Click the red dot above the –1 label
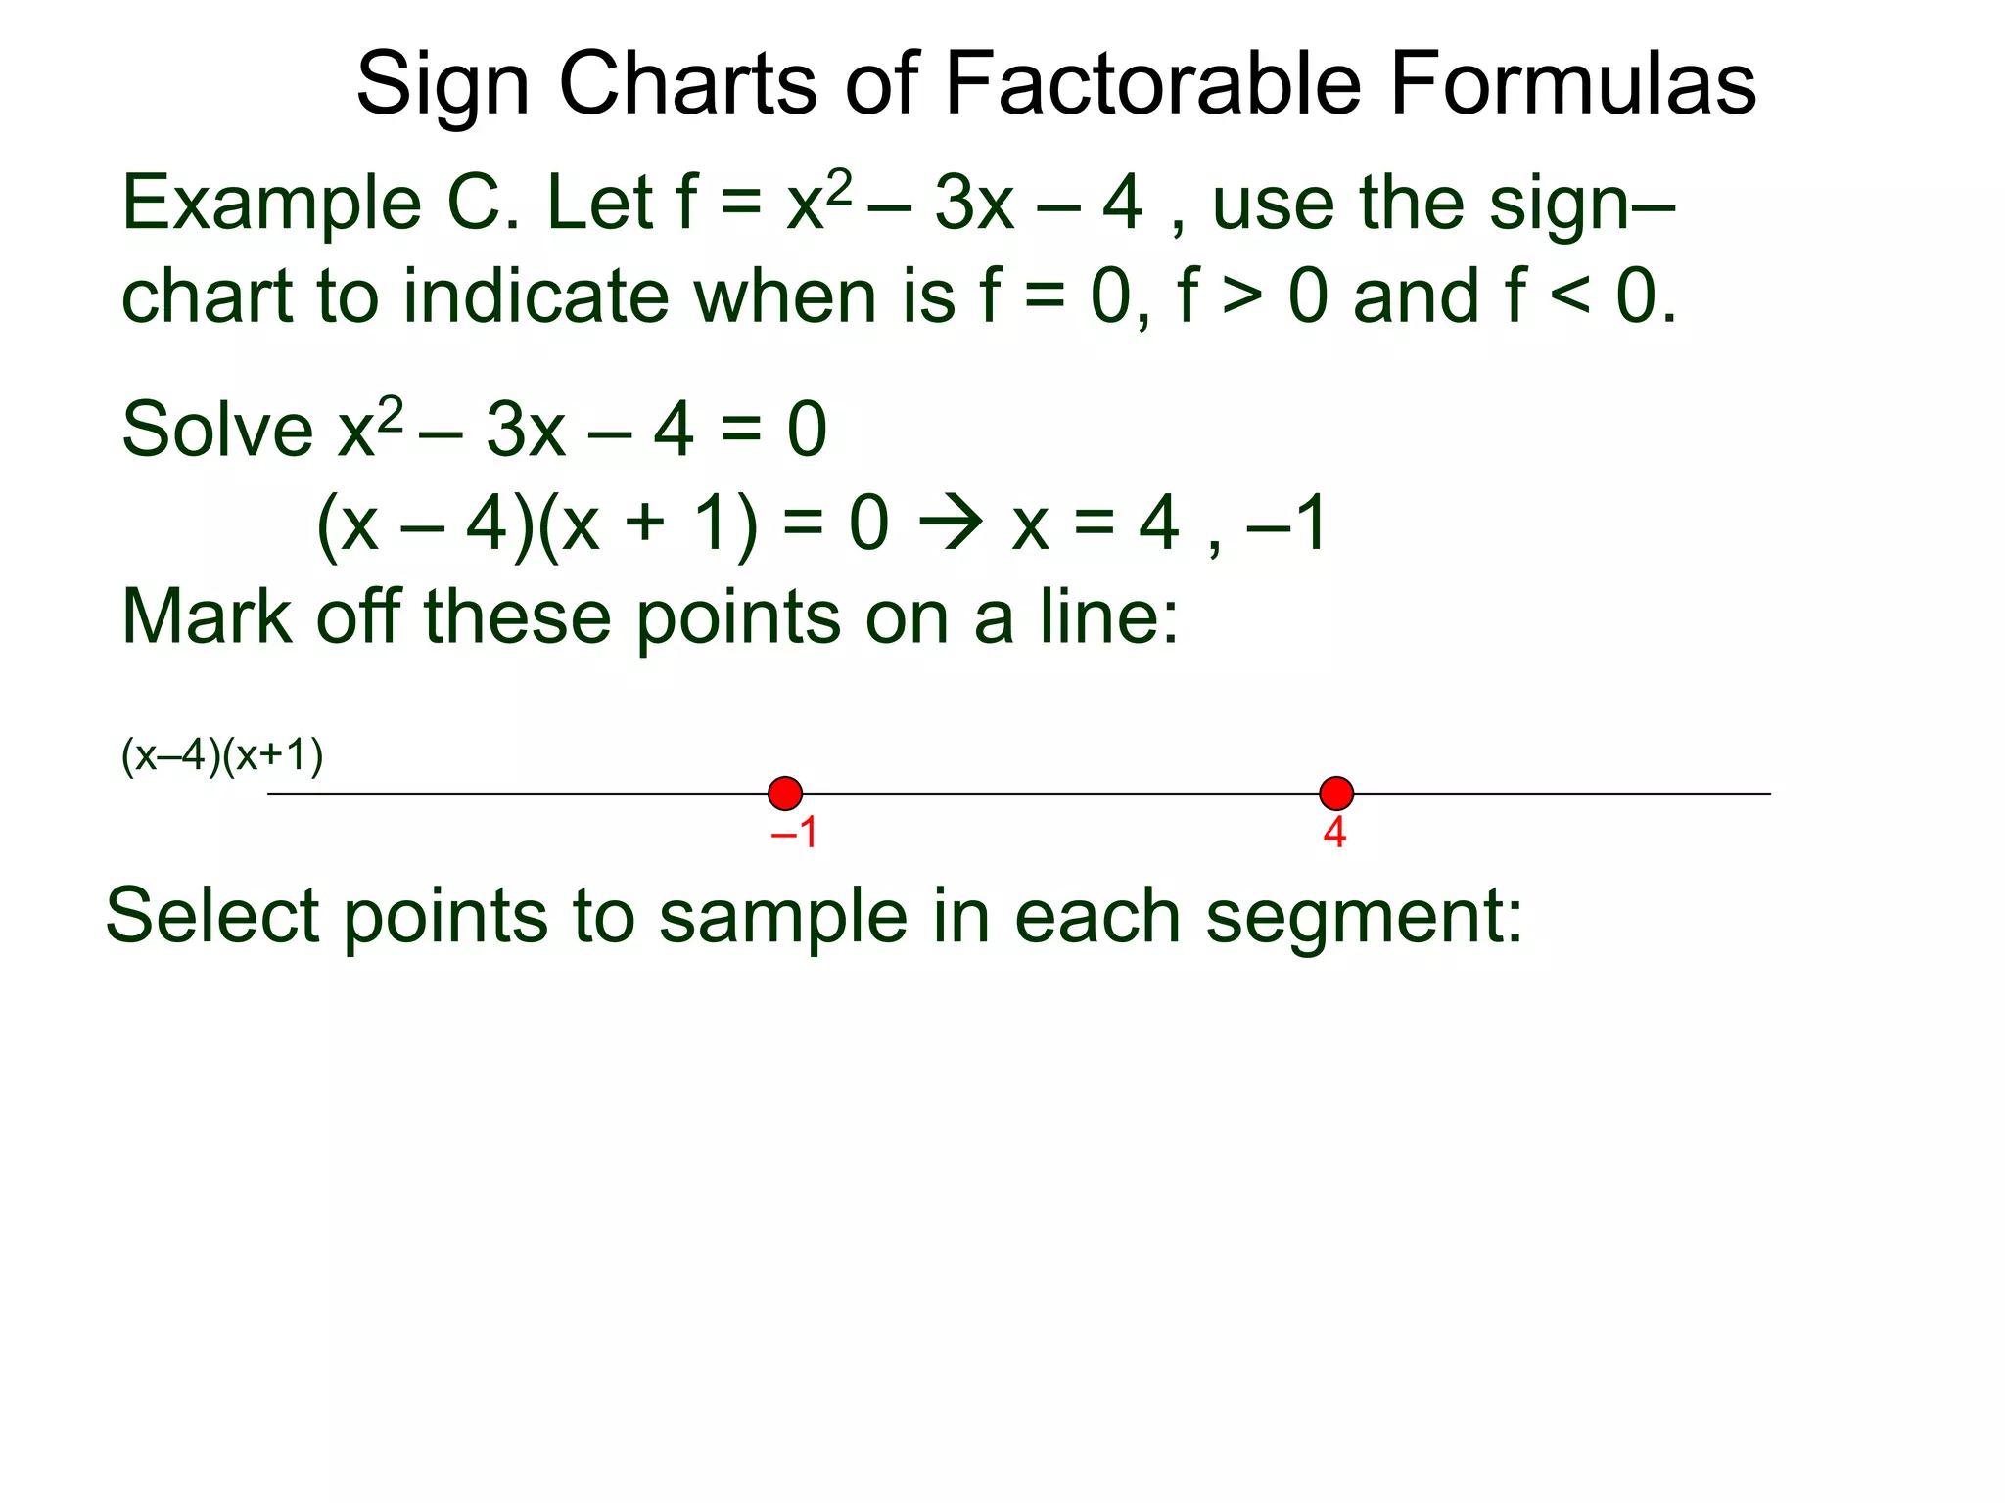point(785,794)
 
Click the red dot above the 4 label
point(1336,794)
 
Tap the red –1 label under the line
point(794,834)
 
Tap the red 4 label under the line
point(1334,834)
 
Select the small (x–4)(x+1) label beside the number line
point(222,756)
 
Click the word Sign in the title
point(443,86)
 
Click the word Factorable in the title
point(1153,84)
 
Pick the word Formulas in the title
point(1573,84)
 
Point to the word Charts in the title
point(687,84)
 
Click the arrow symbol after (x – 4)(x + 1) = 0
point(951,524)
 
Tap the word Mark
point(207,617)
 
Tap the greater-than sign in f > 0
point(1242,296)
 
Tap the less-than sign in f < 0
point(1570,296)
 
